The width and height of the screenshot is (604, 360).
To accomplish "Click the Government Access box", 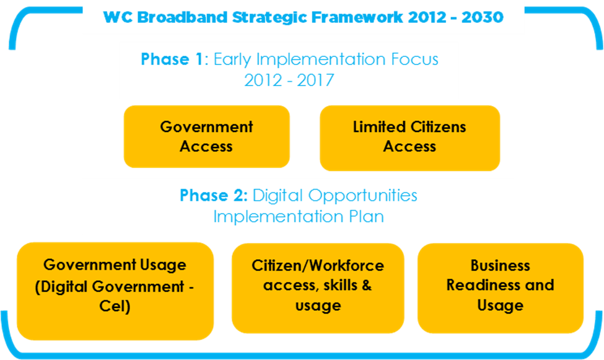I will point(206,137).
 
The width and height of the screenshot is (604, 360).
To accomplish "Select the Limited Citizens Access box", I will point(409,138).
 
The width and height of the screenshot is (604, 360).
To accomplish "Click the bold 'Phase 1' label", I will point(172,59).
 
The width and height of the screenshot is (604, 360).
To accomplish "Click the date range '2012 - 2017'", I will point(289,81).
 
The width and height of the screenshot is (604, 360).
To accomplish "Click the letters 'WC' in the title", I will point(115,17).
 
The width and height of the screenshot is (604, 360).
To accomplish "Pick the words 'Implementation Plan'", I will point(299,216).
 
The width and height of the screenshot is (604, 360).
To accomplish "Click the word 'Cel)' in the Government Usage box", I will point(115,307).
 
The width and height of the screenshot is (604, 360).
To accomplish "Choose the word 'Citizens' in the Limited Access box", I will point(437,127).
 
